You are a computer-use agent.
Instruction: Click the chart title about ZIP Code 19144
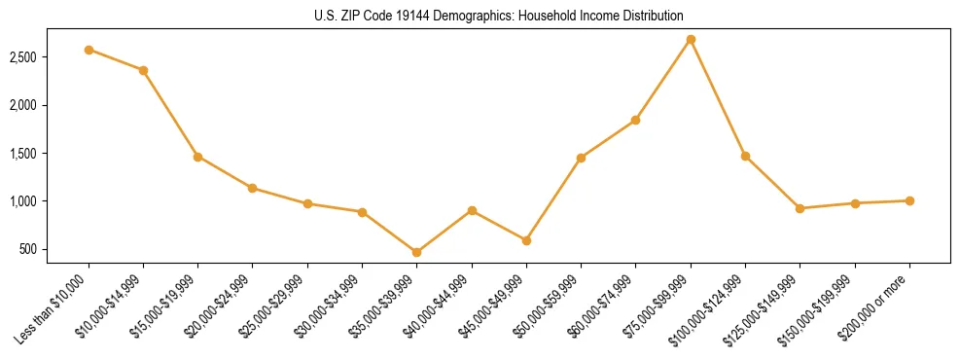(499, 16)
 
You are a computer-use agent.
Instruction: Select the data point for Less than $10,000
(89, 50)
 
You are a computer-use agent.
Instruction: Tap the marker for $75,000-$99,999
(691, 39)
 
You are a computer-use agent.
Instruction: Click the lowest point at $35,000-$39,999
(417, 252)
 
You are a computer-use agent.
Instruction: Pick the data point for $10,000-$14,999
(143, 70)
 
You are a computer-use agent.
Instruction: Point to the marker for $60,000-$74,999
(635, 120)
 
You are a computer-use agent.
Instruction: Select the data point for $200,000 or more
(909, 200)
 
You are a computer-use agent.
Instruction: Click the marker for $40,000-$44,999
(472, 210)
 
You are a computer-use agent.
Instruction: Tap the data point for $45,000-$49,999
(526, 240)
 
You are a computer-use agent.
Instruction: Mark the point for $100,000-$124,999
(745, 156)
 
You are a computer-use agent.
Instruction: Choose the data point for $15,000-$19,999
(197, 156)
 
